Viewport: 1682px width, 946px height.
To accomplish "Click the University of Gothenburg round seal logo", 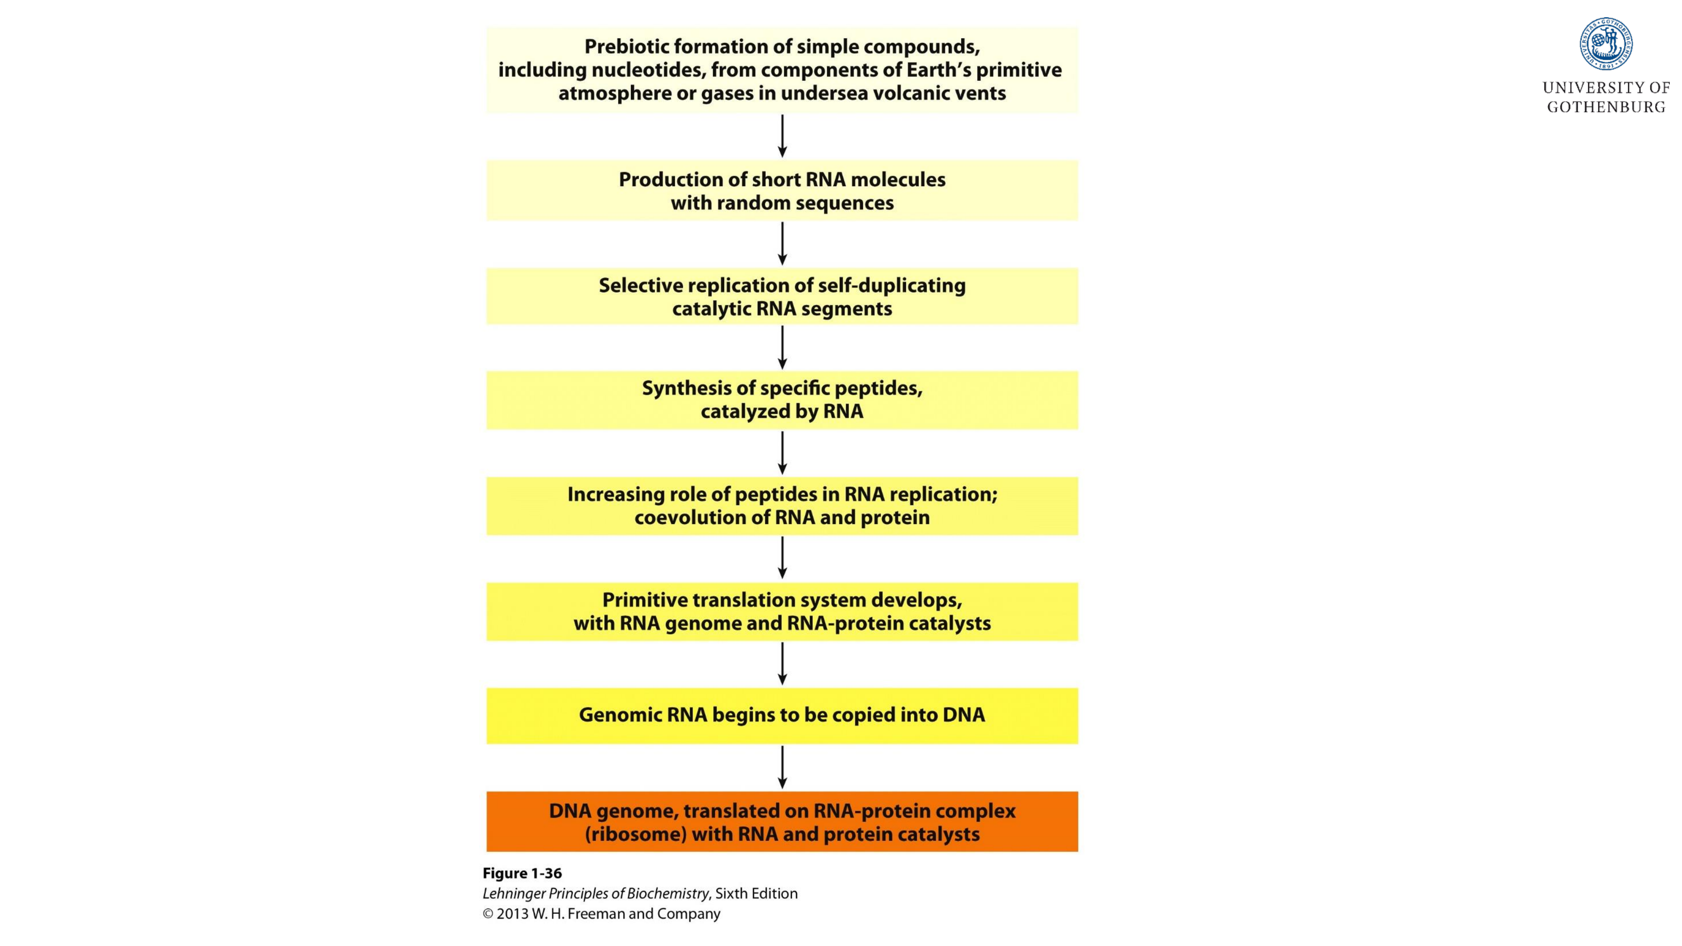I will (x=1605, y=44).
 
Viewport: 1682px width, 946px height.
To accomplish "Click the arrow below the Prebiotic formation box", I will (x=782, y=136).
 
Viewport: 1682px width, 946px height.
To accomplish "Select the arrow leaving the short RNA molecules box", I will (x=782, y=243).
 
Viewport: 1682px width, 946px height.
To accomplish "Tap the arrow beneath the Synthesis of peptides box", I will (x=782, y=452).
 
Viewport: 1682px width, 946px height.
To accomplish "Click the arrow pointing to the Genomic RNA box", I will (x=782, y=663).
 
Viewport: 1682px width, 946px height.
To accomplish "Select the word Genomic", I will (x=620, y=715).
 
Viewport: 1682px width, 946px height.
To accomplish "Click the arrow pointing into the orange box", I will (x=782, y=767).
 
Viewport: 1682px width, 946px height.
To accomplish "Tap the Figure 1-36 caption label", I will (x=522, y=874).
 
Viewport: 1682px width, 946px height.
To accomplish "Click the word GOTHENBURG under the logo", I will (x=1605, y=108).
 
